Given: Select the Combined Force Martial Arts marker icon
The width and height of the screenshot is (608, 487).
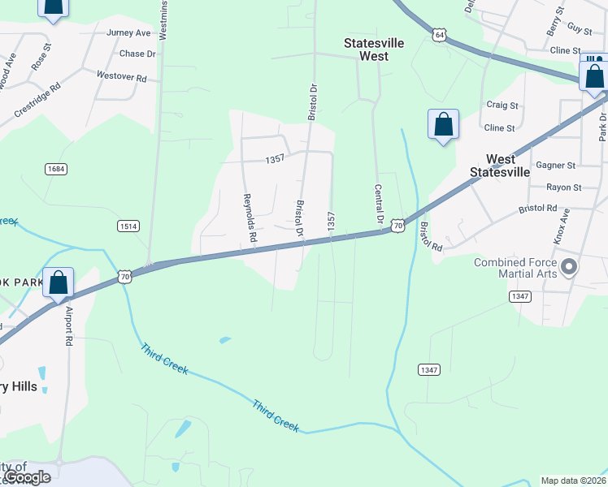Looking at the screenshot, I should coord(569,267).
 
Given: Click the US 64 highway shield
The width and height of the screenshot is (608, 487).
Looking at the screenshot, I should coord(440,35).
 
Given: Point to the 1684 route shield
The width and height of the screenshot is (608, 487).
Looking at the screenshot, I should coord(56,169).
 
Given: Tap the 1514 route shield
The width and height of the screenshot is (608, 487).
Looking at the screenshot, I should coord(128,225).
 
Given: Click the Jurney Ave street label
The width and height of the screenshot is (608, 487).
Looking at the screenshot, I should coord(129,33).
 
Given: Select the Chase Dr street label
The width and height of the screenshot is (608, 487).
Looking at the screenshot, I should coord(137,54).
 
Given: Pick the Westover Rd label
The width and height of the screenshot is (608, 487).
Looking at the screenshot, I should coord(121,77).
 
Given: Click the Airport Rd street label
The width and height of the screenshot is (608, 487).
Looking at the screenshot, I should coord(69,327).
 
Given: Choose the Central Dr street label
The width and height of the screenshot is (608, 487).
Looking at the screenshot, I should coord(379,204).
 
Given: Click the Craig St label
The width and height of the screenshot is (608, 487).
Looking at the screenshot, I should coord(502,105).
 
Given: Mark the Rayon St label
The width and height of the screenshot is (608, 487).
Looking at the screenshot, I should coord(563,187).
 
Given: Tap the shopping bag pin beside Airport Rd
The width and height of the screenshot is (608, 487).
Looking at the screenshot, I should coord(59,283).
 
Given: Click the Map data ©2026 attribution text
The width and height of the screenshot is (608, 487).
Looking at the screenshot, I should coord(573,481).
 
